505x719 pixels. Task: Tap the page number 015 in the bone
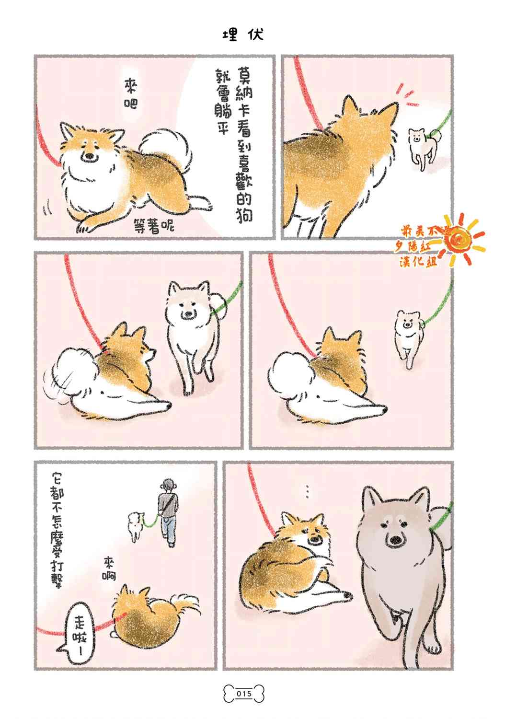(x=243, y=694)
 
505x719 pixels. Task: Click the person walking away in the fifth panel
(x=169, y=510)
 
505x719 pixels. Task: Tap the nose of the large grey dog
(x=396, y=541)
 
